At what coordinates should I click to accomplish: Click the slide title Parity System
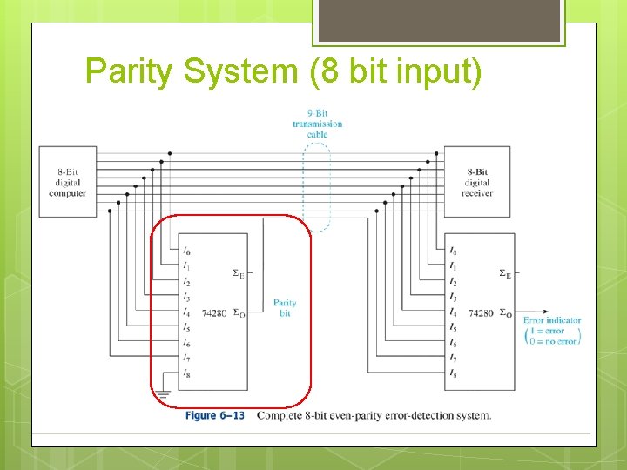283,70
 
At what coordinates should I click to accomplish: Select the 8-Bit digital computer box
67,182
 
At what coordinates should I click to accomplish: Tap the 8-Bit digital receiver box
477,182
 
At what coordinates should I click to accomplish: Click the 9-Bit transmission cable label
317,123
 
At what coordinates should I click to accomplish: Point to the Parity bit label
285,308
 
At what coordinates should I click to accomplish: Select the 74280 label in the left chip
214,312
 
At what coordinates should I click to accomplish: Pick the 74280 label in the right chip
481,312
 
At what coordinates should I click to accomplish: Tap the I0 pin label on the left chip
187,252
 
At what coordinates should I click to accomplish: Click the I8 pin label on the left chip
187,373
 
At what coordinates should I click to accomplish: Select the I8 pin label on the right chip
453,373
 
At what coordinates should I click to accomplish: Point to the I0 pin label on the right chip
453,252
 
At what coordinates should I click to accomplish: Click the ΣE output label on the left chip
238,273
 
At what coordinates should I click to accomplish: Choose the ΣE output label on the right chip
505,273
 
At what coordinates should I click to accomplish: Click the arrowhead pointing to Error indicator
546,312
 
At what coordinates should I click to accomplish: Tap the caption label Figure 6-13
214,415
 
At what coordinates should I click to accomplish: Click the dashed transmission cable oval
317,186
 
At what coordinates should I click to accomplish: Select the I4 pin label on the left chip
187,312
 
